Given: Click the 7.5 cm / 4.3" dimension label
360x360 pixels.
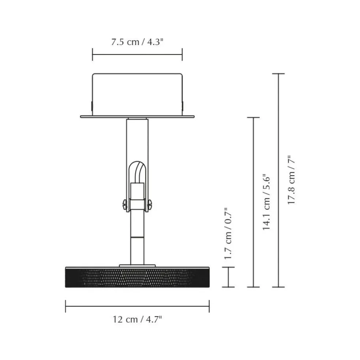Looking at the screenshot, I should tap(137, 42).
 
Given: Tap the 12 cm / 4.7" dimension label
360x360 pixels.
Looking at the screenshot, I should tap(137, 319).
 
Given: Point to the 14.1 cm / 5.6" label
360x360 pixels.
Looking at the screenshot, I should tap(267, 202).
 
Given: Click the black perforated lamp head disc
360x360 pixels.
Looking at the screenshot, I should tap(137, 277).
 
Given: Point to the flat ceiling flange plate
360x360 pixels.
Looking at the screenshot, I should tap(137, 117).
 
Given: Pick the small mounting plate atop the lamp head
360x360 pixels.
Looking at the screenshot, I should tap(137, 265).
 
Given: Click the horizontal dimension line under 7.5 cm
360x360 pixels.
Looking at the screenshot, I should tap(137, 55).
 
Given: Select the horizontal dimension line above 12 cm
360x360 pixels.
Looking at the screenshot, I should tap(137, 306).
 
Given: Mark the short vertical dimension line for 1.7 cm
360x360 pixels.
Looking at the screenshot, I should tap(229, 277).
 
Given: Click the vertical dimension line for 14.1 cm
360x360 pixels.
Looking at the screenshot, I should tap(253, 202).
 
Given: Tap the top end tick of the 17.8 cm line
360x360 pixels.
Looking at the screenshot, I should tap(278, 74).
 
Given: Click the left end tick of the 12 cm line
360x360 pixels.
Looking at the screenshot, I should tap(65, 306).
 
